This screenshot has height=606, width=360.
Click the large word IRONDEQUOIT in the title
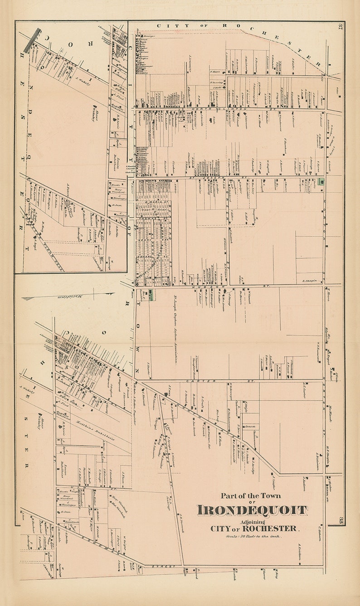(x=252, y=510)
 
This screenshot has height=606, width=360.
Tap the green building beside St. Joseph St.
(x=321, y=182)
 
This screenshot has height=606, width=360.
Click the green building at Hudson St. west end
(x=151, y=295)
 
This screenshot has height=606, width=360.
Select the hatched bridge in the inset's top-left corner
(x=32, y=41)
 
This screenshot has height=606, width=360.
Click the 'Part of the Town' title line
(x=252, y=495)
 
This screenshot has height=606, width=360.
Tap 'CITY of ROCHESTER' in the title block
(x=254, y=528)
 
